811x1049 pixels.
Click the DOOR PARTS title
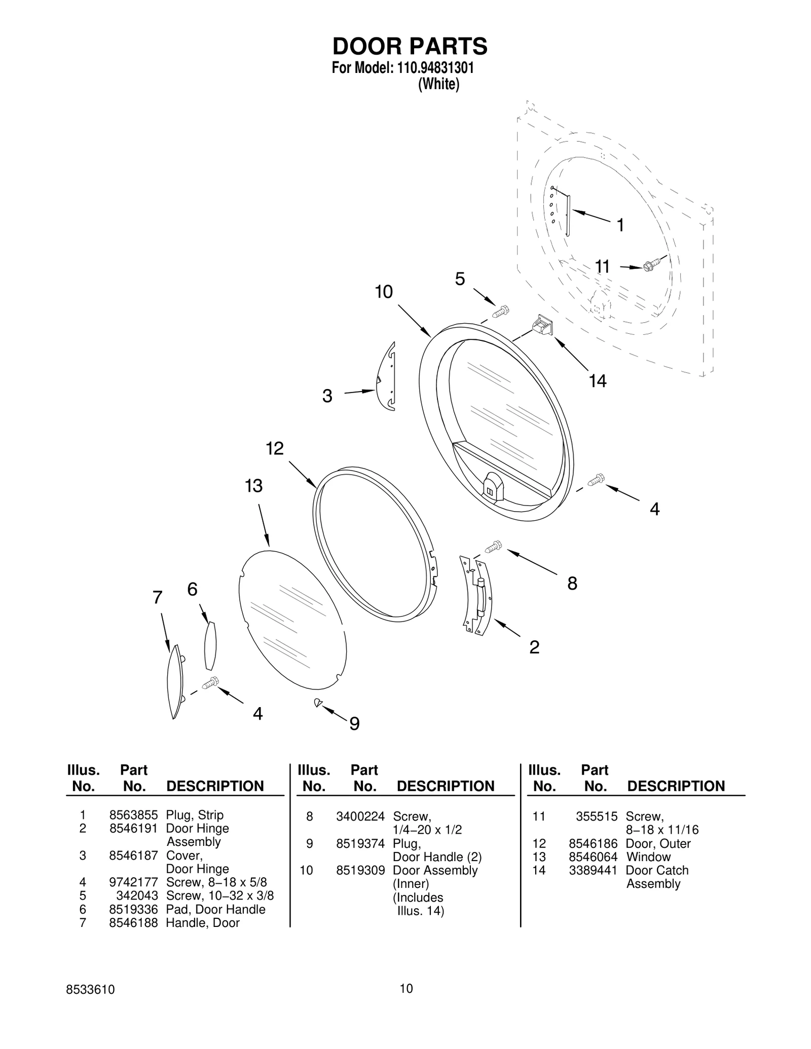(410, 47)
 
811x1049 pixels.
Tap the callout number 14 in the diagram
(598, 381)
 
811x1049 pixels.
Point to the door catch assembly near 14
(542, 324)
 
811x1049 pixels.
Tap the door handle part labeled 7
(174, 681)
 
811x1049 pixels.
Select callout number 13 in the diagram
(253, 486)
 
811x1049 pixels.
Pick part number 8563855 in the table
(133, 815)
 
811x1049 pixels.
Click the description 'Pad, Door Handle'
(215, 909)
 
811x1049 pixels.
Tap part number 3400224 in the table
(360, 817)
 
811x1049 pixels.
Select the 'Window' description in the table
(648, 857)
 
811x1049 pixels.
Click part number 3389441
(593, 870)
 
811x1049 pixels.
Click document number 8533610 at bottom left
(90, 990)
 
